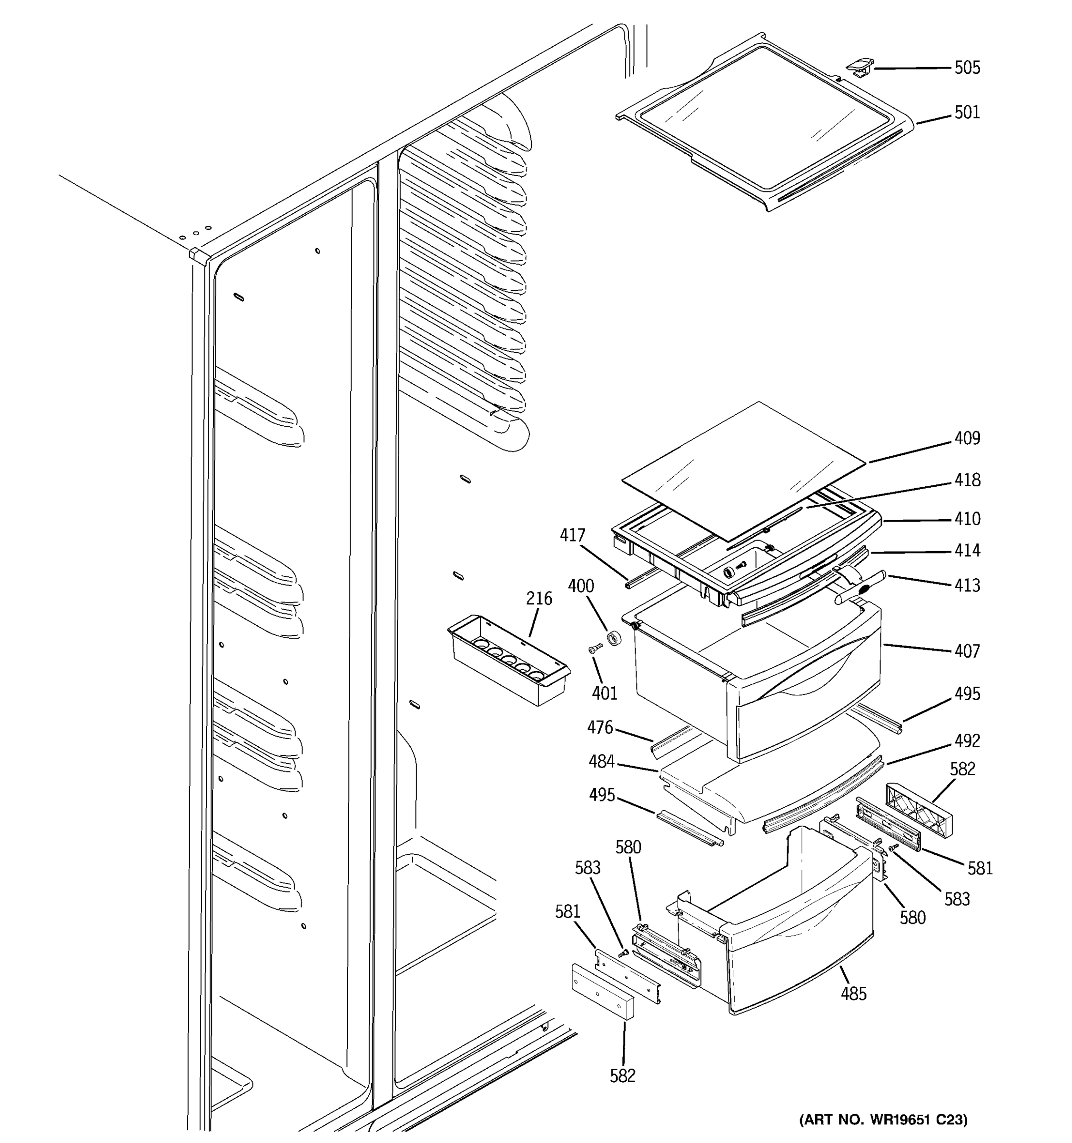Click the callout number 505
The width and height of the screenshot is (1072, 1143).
click(x=967, y=68)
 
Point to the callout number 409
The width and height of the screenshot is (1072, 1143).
click(x=967, y=438)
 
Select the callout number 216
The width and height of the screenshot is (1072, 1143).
click(x=539, y=599)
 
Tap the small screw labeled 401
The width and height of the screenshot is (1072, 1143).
click(x=595, y=649)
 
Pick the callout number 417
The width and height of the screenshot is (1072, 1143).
click(x=572, y=535)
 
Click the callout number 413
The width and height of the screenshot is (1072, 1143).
click(x=967, y=585)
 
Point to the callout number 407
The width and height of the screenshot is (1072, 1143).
click(x=967, y=652)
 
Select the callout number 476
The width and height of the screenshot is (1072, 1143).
click(x=600, y=728)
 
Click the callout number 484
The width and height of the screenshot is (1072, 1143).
click(x=602, y=762)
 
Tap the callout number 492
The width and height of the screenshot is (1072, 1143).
click(x=967, y=741)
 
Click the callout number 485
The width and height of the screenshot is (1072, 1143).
click(x=853, y=993)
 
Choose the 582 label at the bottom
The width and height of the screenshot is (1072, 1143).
click(x=622, y=1076)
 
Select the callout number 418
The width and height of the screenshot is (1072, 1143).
click(x=967, y=480)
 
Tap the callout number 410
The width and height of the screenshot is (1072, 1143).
click(x=967, y=519)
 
